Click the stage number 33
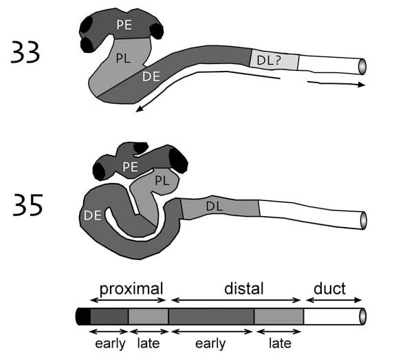tap(25, 52)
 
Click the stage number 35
tap(27, 205)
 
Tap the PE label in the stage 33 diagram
tap(124, 25)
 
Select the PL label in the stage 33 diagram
tap(123, 58)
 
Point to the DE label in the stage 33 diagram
tap(151, 76)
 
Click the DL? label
tap(269, 61)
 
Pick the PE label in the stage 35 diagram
tap(131, 167)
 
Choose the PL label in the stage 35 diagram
tap(162, 181)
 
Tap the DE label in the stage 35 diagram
tap(92, 215)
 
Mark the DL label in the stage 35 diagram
tap(214, 207)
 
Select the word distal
tap(243, 288)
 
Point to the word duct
tap(329, 288)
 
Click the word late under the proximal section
tap(148, 343)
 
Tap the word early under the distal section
tap(210, 344)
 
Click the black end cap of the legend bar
tap(83, 316)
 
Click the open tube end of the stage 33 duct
tap(362, 67)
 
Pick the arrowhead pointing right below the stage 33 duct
tap(362, 85)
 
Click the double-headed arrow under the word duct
tap(334, 300)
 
